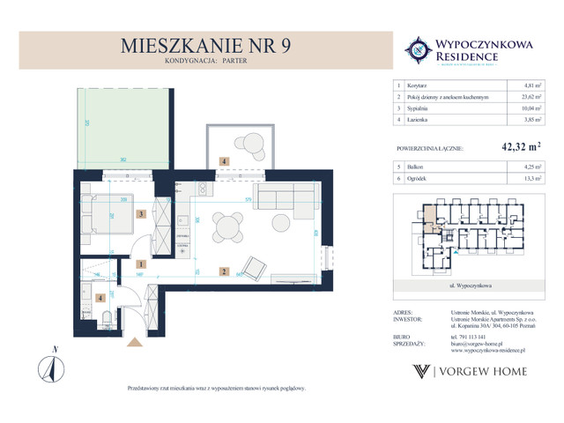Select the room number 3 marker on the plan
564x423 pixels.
coord(140,213)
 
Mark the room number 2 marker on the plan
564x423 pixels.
coord(225,271)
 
